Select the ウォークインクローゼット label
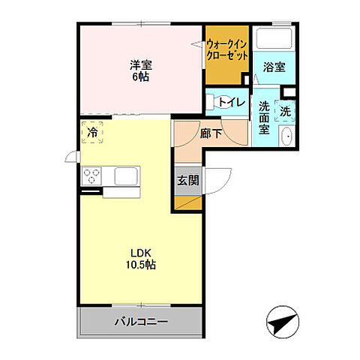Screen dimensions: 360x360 (x=228, y=49)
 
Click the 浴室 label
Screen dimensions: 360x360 (x=274, y=67)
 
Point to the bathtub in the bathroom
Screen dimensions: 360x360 (x=274, y=38)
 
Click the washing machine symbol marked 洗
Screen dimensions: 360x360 (x=286, y=111)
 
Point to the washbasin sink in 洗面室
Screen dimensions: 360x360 (x=286, y=136)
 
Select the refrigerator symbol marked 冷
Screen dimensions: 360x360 (x=92, y=132)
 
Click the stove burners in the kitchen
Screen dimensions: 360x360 (x=93, y=176)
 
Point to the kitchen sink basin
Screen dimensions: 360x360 (x=124, y=176)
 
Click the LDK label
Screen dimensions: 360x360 (x=137, y=253)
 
